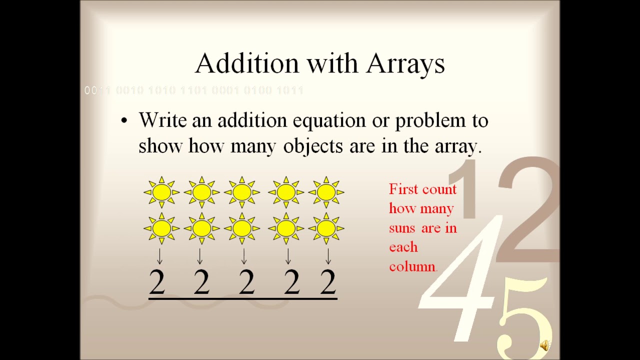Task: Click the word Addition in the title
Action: click(247, 63)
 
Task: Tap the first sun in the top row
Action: click(161, 192)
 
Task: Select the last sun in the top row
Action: click(326, 192)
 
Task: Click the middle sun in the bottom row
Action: click(242, 228)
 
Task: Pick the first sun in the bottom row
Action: click(161, 228)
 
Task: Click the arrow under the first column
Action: click(159, 256)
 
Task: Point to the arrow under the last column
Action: click(328, 256)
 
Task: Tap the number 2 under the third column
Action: click(246, 282)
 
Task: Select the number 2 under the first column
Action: click(157, 282)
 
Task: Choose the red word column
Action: click(412, 266)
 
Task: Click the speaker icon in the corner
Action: click(544, 345)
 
